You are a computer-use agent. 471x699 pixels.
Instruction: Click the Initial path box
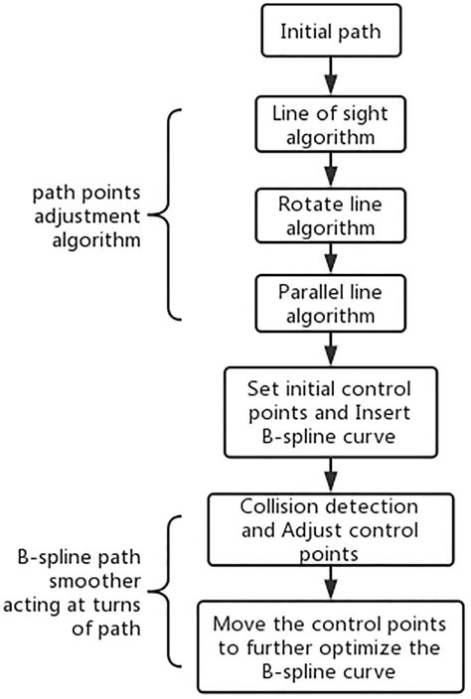point(329,32)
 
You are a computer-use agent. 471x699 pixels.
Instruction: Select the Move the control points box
point(328,645)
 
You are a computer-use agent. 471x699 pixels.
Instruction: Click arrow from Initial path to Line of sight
point(329,75)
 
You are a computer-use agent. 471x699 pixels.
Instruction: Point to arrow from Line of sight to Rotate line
point(329,168)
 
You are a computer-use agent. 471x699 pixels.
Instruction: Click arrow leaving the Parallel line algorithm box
point(329,349)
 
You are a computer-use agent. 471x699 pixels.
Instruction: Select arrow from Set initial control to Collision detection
point(329,473)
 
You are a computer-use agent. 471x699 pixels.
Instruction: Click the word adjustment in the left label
point(80,213)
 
